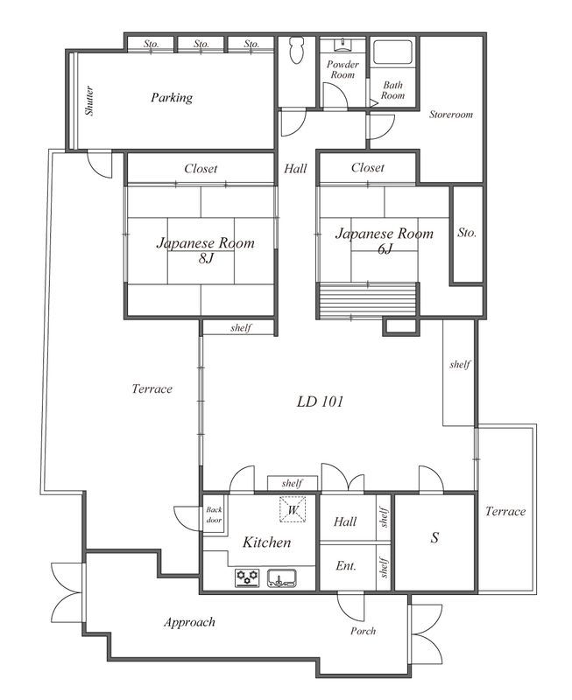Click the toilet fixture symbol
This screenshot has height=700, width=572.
click(x=297, y=51)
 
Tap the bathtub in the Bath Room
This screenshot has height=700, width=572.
click(x=393, y=52)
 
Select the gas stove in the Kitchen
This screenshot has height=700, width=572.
click(x=247, y=577)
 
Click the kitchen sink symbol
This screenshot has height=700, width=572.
click(x=281, y=578)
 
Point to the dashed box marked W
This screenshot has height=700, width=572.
click(x=293, y=509)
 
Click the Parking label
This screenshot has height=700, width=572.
click(x=172, y=97)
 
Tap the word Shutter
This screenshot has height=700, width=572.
click(x=89, y=101)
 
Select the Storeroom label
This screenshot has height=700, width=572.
click(x=451, y=115)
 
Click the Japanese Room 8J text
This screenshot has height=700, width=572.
click(x=206, y=250)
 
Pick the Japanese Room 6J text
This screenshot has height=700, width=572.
click(x=385, y=240)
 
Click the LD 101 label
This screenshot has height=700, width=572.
click(x=320, y=402)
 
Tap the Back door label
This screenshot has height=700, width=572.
click(x=214, y=514)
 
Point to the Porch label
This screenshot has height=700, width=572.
click(x=363, y=631)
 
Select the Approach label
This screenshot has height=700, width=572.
click(x=189, y=622)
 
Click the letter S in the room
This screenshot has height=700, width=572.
click(x=434, y=537)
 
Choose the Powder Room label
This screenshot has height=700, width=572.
click(x=342, y=70)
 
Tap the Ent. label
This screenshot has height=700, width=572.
click(x=346, y=566)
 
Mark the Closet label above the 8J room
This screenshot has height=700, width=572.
click(x=201, y=168)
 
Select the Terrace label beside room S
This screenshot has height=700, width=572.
click(x=505, y=511)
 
